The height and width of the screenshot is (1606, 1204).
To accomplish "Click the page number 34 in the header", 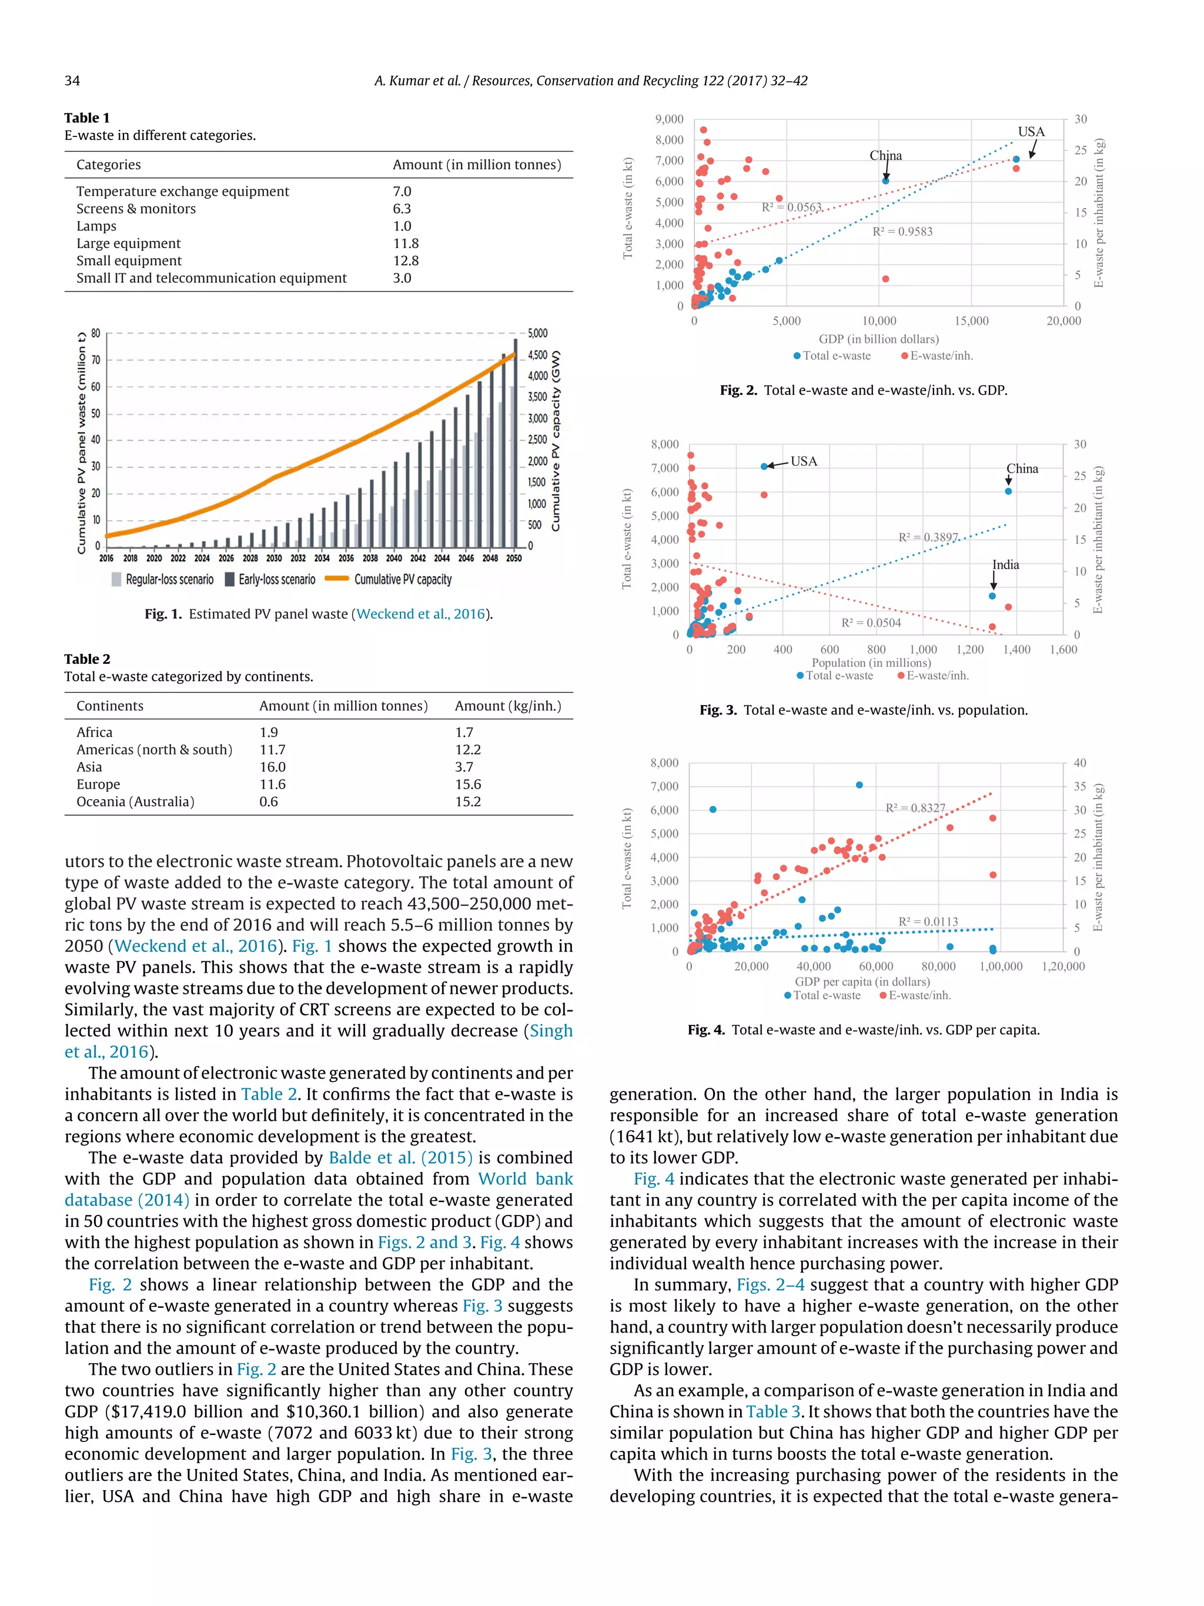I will tap(72, 81).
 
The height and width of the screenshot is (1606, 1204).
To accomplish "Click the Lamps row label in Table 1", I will tap(96, 226).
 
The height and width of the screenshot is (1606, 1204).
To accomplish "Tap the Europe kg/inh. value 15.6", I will tap(468, 784).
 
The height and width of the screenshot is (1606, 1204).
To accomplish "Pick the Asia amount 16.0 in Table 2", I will tap(272, 767).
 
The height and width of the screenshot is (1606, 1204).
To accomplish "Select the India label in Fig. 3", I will tap(1005, 565).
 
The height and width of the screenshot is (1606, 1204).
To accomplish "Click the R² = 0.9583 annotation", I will tap(902, 232).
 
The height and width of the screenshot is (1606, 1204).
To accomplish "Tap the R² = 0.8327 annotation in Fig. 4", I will tap(915, 808).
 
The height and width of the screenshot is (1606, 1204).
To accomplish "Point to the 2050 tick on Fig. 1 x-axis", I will tap(514, 558).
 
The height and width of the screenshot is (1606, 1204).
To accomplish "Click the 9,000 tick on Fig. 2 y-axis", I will tap(669, 119).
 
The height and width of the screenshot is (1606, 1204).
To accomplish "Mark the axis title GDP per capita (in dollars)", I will tap(862, 981).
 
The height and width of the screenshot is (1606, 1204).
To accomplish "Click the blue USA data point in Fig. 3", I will tap(764, 467).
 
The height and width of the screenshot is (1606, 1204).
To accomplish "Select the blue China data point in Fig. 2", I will tap(885, 181).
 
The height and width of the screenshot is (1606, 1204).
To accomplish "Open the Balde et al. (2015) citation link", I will tap(400, 1158).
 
